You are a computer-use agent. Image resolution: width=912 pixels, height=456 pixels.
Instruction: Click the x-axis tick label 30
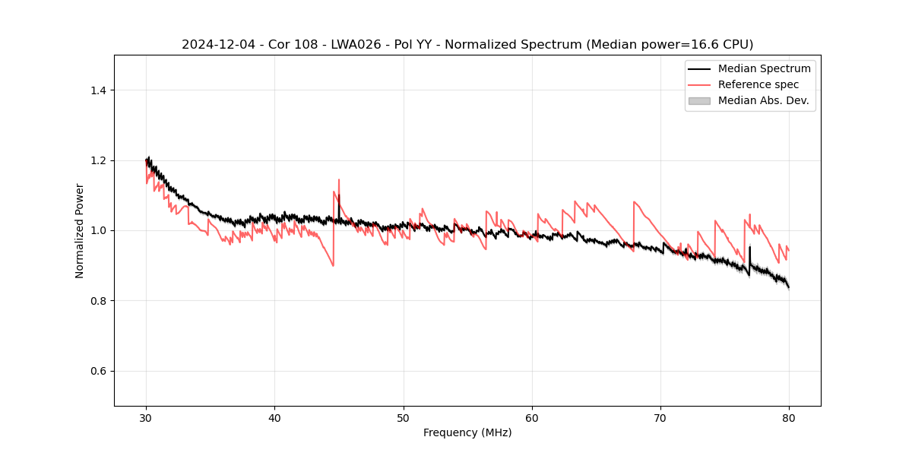click(x=146, y=417)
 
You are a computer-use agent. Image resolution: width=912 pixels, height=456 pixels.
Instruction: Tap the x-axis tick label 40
click(x=274, y=417)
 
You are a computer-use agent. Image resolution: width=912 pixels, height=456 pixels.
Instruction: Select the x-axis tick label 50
click(x=404, y=417)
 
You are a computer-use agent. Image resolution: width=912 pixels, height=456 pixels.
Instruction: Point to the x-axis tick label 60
click(x=532, y=417)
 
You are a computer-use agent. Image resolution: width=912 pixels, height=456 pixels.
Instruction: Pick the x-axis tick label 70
click(x=660, y=417)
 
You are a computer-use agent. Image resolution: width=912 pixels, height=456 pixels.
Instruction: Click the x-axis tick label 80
click(x=789, y=417)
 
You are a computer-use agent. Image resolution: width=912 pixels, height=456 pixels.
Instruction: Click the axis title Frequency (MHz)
click(x=467, y=432)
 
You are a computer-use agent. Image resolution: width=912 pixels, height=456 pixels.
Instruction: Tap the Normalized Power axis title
click(x=79, y=230)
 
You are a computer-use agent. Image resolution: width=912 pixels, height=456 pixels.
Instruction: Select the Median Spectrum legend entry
click(x=764, y=68)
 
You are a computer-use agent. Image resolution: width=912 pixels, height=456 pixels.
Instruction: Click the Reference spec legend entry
click(x=758, y=84)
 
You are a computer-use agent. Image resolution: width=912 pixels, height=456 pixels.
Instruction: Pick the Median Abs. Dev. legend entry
click(x=763, y=100)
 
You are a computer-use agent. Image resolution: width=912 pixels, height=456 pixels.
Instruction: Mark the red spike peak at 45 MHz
click(x=339, y=180)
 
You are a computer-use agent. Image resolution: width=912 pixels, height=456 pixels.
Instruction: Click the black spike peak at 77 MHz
click(x=749, y=246)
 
